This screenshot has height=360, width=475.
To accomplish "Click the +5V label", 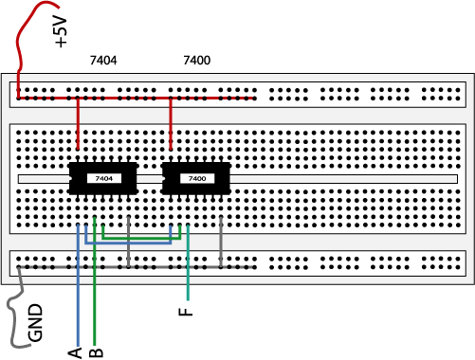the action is (61, 32).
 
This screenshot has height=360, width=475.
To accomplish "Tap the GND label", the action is (35, 322).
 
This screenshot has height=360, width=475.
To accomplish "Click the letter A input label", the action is (75, 352).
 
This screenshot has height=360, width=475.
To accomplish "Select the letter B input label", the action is (96, 352).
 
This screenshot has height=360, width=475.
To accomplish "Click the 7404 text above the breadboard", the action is (103, 61).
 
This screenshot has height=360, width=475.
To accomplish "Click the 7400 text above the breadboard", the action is (197, 61).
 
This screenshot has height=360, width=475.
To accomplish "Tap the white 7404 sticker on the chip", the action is (104, 178).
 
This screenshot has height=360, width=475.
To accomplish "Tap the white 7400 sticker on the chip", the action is (197, 178).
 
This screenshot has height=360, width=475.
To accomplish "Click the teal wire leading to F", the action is (188, 262).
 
